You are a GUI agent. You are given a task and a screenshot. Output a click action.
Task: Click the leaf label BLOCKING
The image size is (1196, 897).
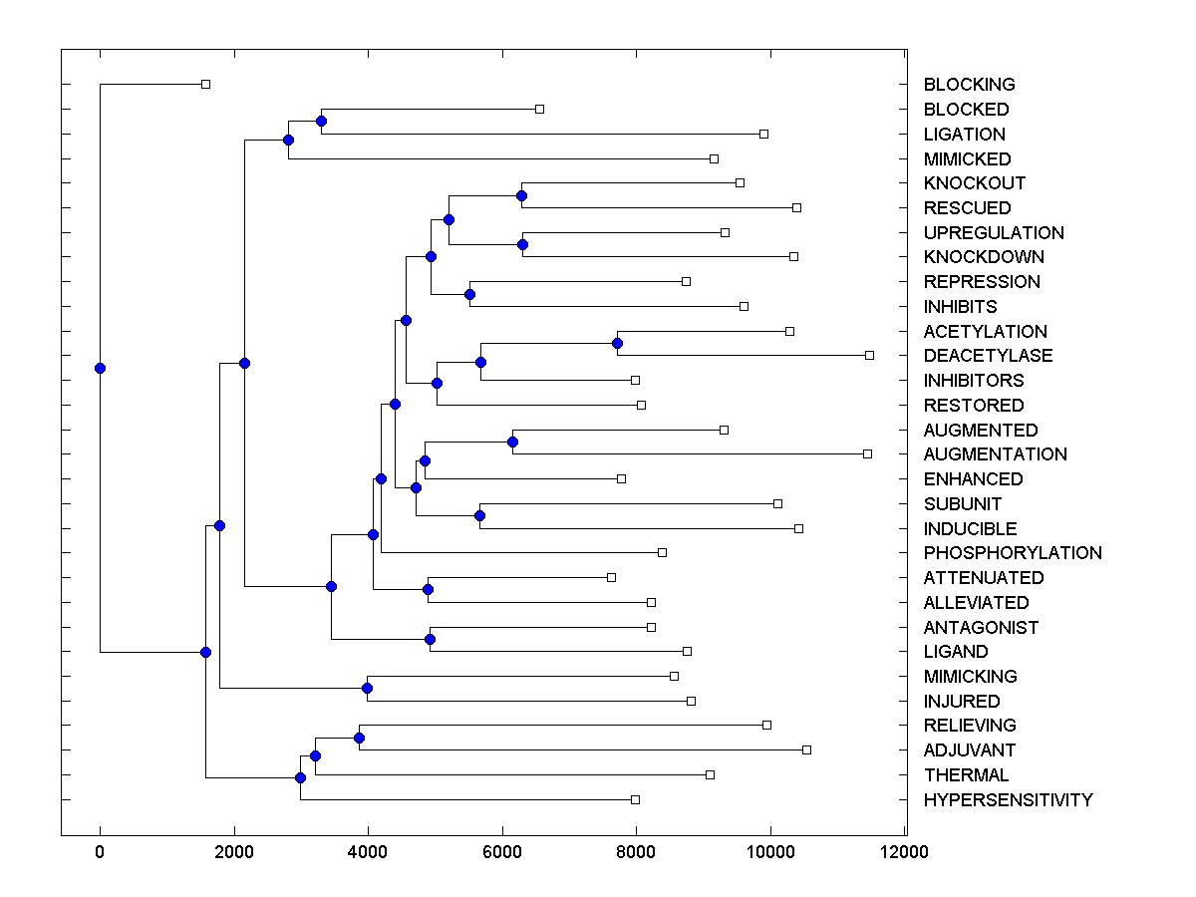969,85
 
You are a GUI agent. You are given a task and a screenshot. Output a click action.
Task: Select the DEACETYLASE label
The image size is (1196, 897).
988,356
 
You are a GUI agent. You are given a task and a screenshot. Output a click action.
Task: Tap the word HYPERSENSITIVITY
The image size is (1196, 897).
1008,800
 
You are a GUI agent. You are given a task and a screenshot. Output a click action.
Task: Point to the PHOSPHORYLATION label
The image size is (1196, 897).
1013,553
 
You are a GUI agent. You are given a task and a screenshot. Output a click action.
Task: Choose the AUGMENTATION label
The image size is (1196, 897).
995,454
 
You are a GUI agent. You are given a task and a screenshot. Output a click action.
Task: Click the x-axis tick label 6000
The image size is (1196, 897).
502,852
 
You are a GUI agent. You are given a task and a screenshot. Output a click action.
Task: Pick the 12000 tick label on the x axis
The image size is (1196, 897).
905,852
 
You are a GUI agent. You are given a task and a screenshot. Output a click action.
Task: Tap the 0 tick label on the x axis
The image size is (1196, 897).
100,852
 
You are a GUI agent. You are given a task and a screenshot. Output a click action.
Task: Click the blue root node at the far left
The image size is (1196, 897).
100,368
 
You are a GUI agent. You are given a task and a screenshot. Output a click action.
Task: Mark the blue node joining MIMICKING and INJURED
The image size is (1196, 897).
367,688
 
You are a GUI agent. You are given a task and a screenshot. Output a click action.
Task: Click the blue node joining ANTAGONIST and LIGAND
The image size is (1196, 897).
431,639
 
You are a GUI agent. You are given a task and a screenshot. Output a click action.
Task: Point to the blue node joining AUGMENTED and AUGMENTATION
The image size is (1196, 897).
512,442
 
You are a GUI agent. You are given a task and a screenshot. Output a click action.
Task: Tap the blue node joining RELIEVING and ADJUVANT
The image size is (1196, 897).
359,738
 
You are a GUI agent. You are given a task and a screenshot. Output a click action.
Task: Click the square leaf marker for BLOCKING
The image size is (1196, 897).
205,85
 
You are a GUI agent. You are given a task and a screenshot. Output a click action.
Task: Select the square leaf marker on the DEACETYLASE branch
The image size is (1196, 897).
869,355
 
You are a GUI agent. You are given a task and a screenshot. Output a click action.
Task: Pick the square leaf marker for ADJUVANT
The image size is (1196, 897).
806,749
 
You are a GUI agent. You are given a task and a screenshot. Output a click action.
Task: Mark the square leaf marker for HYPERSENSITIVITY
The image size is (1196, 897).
635,799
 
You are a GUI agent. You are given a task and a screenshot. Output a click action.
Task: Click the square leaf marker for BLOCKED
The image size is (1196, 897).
539,109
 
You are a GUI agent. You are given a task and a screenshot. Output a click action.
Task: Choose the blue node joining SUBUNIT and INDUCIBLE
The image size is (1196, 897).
479,515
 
